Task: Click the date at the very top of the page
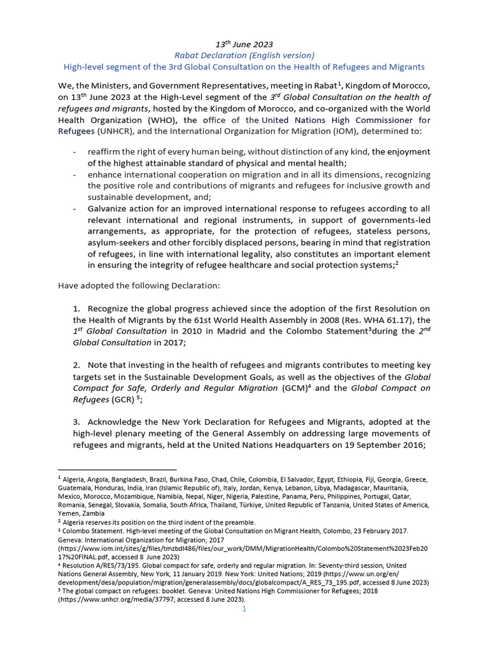click(244, 44)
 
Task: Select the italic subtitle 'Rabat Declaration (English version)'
click(244, 55)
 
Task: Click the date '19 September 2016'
click(383, 444)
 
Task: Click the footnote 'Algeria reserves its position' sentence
click(159, 522)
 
